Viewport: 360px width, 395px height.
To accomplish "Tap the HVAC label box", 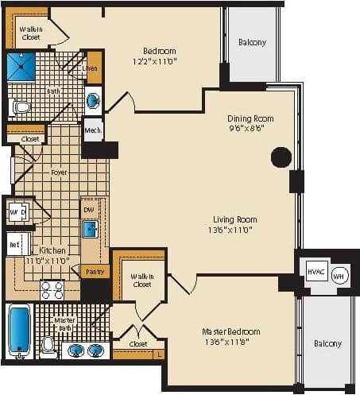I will pyautogui.click(x=315, y=272).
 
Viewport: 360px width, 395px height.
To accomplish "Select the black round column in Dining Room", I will pyautogui.click(x=281, y=157).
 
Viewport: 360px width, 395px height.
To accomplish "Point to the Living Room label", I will pyautogui.click(x=234, y=219).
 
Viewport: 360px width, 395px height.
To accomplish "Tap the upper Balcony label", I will pyautogui.click(x=252, y=42).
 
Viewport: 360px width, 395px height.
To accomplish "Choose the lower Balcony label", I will pyautogui.click(x=327, y=343).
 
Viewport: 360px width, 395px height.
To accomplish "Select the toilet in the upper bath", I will pyautogui.click(x=20, y=106).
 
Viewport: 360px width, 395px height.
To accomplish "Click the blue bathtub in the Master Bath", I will pyautogui.click(x=18, y=329).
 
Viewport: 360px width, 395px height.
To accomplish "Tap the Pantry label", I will pyautogui.click(x=95, y=272).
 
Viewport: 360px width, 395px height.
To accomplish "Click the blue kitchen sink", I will pyautogui.click(x=91, y=230).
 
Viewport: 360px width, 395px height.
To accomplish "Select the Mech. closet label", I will pyautogui.click(x=93, y=130).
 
